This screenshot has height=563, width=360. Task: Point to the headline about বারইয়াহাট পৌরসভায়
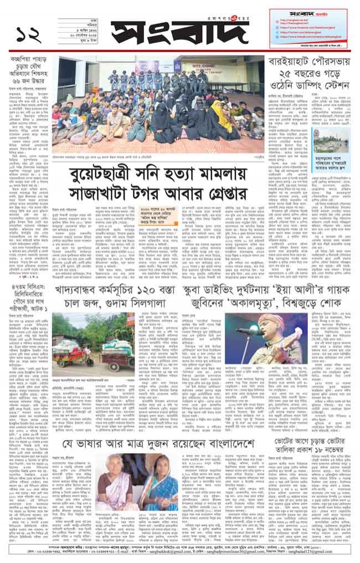point(311,73)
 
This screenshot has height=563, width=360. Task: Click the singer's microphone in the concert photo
point(253,331)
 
